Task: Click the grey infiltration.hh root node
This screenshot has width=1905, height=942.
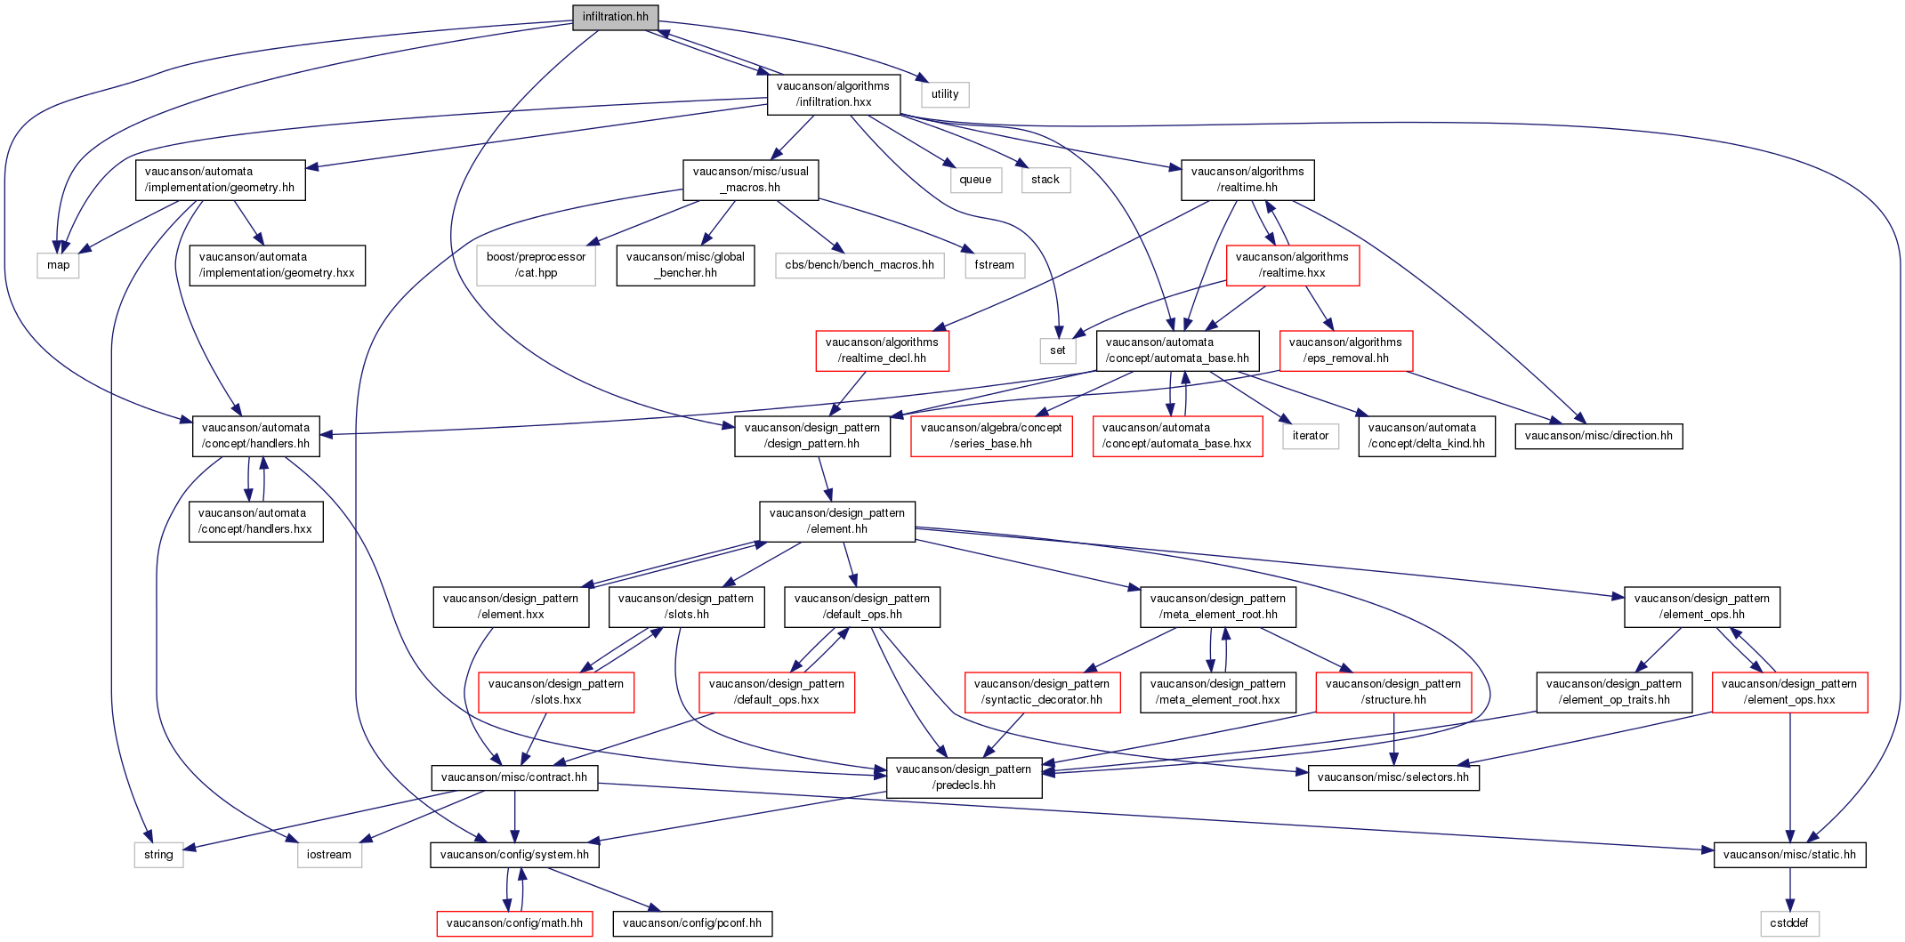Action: (x=616, y=17)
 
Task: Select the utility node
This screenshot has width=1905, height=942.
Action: (x=945, y=94)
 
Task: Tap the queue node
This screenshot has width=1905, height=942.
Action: (x=975, y=180)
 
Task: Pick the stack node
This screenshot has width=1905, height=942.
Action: (x=1045, y=180)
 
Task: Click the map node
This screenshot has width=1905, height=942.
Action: (x=59, y=265)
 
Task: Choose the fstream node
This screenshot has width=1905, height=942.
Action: (x=994, y=265)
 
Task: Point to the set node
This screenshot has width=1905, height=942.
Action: (x=1057, y=350)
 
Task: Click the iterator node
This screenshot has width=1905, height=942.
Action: (x=1311, y=436)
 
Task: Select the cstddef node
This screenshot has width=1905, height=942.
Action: (x=1789, y=923)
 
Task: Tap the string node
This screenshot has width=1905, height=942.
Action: (x=159, y=855)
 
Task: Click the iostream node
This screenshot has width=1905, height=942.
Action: (x=329, y=855)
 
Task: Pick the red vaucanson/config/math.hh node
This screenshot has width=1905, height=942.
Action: (x=514, y=923)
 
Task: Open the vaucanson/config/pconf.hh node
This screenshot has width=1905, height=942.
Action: (x=692, y=923)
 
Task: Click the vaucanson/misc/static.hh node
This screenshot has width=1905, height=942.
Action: (x=1789, y=855)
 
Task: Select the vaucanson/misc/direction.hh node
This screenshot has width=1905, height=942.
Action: (x=1599, y=436)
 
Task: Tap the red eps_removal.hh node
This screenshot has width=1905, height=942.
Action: (x=1345, y=350)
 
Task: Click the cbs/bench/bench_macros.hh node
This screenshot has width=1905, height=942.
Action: (x=860, y=265)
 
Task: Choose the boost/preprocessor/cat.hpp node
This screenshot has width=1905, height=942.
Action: (x=537, y=265)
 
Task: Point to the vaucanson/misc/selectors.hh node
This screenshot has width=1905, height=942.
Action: (x=1393, y=777)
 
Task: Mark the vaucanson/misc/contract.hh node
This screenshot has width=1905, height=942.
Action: (x=514, y=777)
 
